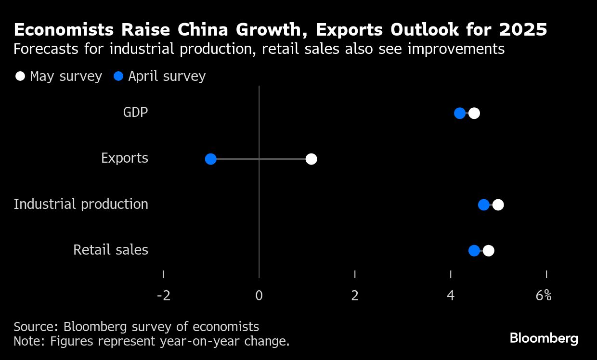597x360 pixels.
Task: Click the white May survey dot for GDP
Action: pos(474,114)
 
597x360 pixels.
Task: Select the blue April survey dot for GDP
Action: pos(460,114)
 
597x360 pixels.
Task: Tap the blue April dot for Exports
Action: pos(210,159)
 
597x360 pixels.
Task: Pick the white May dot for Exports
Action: pos(311,159)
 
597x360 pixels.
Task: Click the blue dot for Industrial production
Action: pos(484,205)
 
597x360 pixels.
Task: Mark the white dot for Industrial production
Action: pos(498,205)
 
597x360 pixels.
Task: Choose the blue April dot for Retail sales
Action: pos(474,251)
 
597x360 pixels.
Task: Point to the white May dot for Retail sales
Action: pos(489,251)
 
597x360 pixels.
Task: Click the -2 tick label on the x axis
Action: pos(164,296)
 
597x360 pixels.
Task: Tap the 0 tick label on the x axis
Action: pos(259,296)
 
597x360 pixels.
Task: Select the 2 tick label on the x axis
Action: pos(355,296)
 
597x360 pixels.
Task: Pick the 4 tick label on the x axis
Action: pos(451,296)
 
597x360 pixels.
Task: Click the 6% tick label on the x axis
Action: pos(544,296)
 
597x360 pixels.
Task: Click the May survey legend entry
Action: pos(59,77)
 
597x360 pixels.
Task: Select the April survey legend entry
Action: pos(160,77)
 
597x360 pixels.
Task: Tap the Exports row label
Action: pos(125,158)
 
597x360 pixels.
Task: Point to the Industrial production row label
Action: pos(81,204)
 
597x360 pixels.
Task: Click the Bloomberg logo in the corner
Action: pos(544,338)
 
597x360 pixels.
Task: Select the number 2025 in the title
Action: pos(523,30)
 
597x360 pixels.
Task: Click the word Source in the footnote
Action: pos(36,327)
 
